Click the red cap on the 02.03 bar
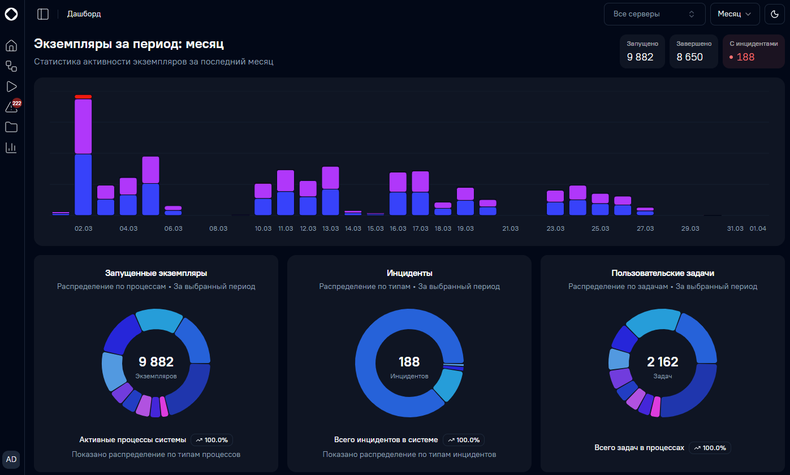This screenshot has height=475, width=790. [x=83, y=97]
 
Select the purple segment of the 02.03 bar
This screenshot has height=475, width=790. [x=83, y=126]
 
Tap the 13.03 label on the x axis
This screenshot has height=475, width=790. [x=330, y=228]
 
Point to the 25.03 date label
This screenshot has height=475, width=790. [x=600, y=228]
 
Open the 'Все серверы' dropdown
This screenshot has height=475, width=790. [x=655, y=14]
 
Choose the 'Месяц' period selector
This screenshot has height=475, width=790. [x=735, y=14]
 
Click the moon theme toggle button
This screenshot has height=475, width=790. [x=775, y=14]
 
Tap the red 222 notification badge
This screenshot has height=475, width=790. [x=16, y=103]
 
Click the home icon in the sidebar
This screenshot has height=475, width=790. [x=11, y=45]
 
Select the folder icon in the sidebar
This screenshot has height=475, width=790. [x=11, y=127]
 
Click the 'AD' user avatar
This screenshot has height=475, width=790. [x=11, y=460]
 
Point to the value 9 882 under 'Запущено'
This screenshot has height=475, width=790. [x=640, y=57]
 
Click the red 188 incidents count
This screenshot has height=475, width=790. [x=745, y=57]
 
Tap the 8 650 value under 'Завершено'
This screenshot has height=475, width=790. [x=689, y=57]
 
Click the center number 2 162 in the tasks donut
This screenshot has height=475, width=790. [x=663, y=362]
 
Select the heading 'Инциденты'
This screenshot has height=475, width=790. [x=409, y=273]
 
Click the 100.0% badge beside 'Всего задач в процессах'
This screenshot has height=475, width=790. [x=710, y=448]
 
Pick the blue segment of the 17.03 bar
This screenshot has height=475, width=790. [x=420, y=204]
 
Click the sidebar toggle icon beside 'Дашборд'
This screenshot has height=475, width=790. [x=43, y=14]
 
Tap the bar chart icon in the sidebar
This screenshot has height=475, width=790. [x=11, y=148]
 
